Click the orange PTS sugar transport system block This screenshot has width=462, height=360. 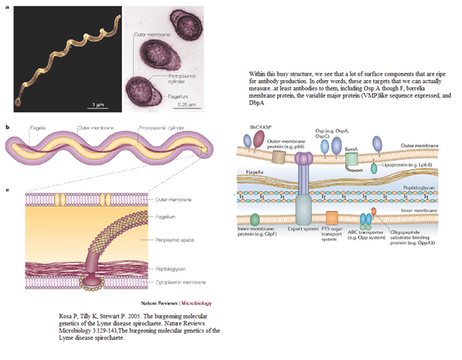(332, 219)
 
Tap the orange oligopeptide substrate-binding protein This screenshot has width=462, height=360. (374, 211)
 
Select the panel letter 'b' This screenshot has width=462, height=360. (7, 127)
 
